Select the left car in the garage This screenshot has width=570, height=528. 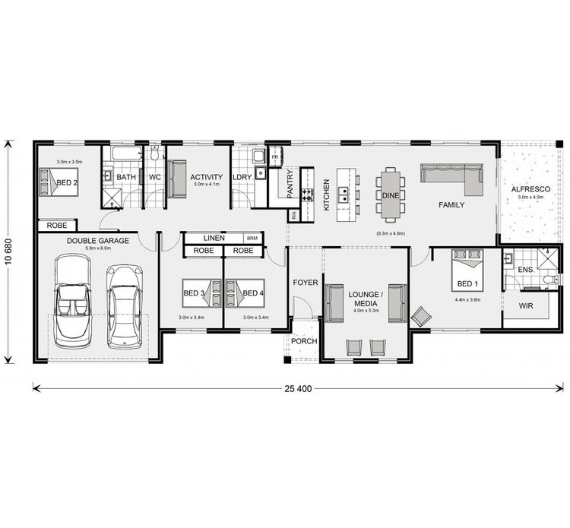point(73,299)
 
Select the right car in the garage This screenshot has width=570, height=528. point(124,305)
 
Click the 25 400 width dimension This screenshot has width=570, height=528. point(298,388)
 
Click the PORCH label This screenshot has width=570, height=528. point(304,341)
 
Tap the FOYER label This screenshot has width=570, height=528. point(306,283)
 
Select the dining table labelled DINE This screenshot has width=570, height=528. point(391,194)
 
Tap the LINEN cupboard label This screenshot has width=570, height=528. point(214,239)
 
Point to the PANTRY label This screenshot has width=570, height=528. point(290,183)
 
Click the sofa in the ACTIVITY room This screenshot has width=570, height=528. point(177,179)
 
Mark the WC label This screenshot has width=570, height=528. point(154,178)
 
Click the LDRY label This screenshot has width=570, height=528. point(242,178)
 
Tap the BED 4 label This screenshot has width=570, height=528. point(253,292)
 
